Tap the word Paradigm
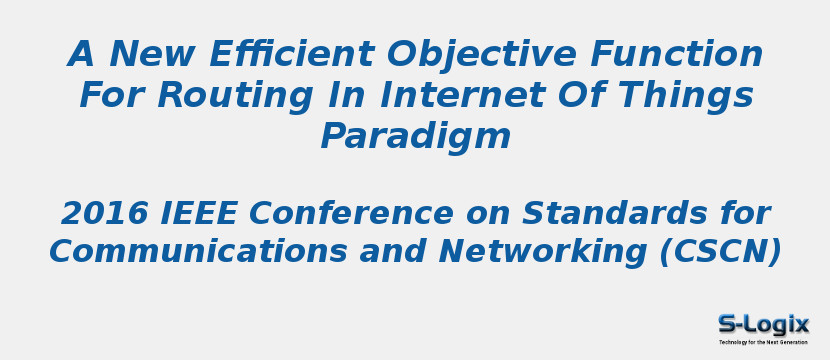tap(415, 137)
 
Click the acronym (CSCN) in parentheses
tap(720, 251)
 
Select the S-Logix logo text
tap(763, 324)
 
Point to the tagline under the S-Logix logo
tap(763, 342)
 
